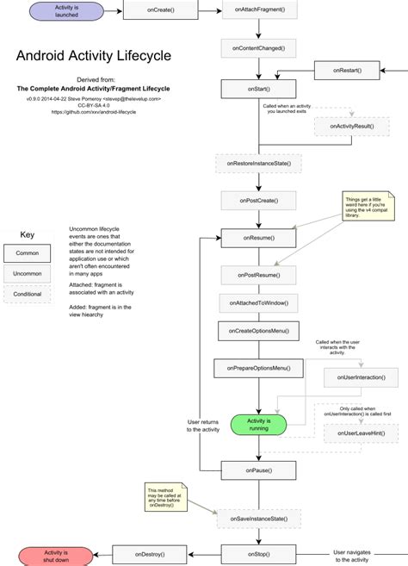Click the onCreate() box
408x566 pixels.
point(157,10)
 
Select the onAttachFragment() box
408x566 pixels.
point(260,11)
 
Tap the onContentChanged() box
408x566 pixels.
point(259,48)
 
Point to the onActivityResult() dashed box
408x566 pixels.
point(352,126)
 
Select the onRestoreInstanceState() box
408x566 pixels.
point(259,163)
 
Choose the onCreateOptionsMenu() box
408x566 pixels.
point(259,331)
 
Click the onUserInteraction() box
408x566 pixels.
point(361,377)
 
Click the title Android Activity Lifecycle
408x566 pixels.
point(94,56)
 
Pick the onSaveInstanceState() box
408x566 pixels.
point(259,518)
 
